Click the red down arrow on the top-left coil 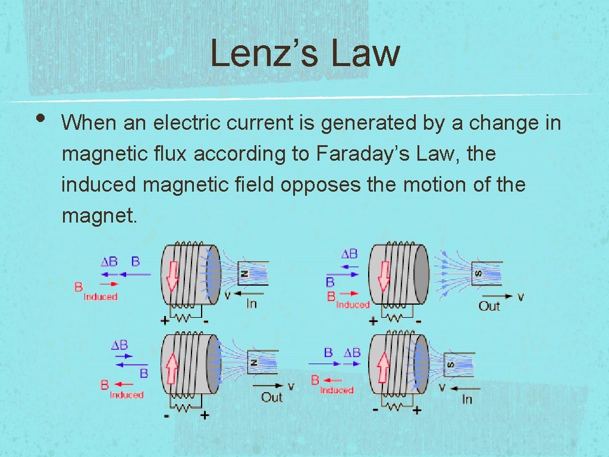tap(172, 276)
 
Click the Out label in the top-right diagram tap(489, 306)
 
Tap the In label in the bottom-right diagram tap(467, 399)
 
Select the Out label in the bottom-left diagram tap(271, 397)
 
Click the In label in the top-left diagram tap(252, 304)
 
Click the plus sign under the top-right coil tap(373, 321)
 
